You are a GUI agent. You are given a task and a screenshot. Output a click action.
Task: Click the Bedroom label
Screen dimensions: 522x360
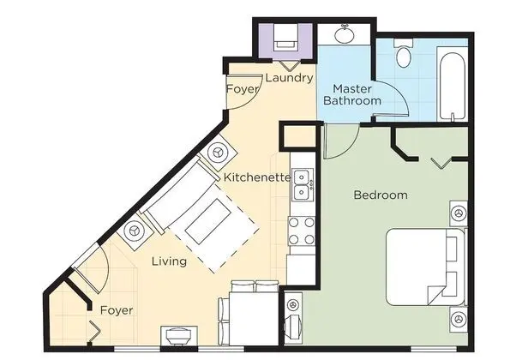click(381, 195)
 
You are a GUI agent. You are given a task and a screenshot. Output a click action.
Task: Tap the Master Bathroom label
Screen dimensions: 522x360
click(352, 94)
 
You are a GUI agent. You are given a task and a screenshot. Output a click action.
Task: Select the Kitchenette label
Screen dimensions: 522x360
click(257, 177)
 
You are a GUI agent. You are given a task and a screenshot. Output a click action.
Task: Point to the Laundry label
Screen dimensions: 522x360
click(290, 78)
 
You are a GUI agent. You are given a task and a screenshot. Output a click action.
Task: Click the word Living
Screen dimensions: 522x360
click(169, 261)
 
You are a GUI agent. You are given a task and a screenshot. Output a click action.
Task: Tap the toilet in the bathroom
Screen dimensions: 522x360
click(404, 53)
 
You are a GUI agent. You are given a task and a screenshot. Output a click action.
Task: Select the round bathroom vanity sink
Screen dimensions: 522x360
click(345, 34)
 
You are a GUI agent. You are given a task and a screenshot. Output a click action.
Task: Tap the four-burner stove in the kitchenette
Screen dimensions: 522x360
click(302, 231)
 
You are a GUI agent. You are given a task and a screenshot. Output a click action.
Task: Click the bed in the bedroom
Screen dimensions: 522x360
click(425, 267)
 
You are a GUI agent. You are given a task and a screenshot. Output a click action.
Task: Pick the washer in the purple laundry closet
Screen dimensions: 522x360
click(286, 39)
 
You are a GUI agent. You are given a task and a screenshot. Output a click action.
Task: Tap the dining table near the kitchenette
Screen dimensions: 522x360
click(254, 318)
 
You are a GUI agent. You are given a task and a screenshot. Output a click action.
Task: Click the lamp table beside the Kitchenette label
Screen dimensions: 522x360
click(219, 153)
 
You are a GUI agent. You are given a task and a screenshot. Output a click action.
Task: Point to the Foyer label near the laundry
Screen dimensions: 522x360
click(243, 89)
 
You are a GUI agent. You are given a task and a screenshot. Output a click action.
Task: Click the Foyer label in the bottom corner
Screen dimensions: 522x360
click(117, 310)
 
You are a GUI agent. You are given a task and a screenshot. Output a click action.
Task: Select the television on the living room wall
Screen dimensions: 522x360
click(179, 335)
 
